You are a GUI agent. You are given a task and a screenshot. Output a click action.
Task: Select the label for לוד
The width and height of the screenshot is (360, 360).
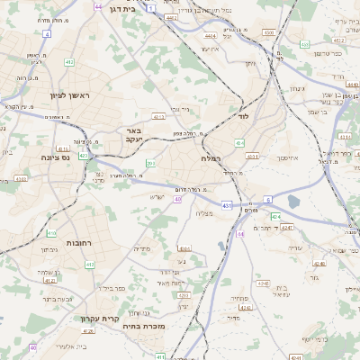tap(243, 116)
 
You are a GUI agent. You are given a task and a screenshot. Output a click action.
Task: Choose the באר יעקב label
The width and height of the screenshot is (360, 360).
tap(134, 136)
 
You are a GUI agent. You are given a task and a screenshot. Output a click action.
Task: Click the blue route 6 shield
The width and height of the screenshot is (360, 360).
tap(267, 199)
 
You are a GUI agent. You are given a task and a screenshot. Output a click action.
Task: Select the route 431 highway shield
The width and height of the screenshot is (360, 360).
tap(226, 206)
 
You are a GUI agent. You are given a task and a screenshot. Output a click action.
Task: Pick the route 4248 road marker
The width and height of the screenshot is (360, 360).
tap(319, 264)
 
